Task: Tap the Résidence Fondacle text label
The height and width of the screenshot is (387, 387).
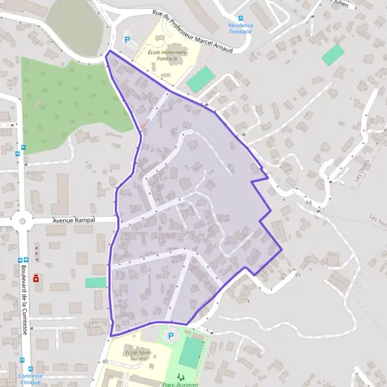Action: click(x=241, y=29)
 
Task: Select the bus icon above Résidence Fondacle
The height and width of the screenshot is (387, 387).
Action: click(x=241, y=18)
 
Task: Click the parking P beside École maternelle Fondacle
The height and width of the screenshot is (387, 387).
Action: click(x=126, y=39)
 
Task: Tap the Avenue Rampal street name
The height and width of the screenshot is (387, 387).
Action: click(x=74, y=220)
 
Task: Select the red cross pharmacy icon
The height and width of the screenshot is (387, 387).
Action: click(x=36, y=279)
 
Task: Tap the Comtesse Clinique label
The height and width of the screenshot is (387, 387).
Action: click(x=30, y=379)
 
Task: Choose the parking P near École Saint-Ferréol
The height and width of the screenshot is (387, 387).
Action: click(x=171, y=335)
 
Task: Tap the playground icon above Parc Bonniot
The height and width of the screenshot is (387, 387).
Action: click(x=181, y=375)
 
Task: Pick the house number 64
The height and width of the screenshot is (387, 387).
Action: click(x=309, y=202)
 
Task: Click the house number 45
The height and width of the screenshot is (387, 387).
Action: click(x=297, y=275)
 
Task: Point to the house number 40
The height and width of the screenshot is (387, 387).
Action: click(x=104, y=361)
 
